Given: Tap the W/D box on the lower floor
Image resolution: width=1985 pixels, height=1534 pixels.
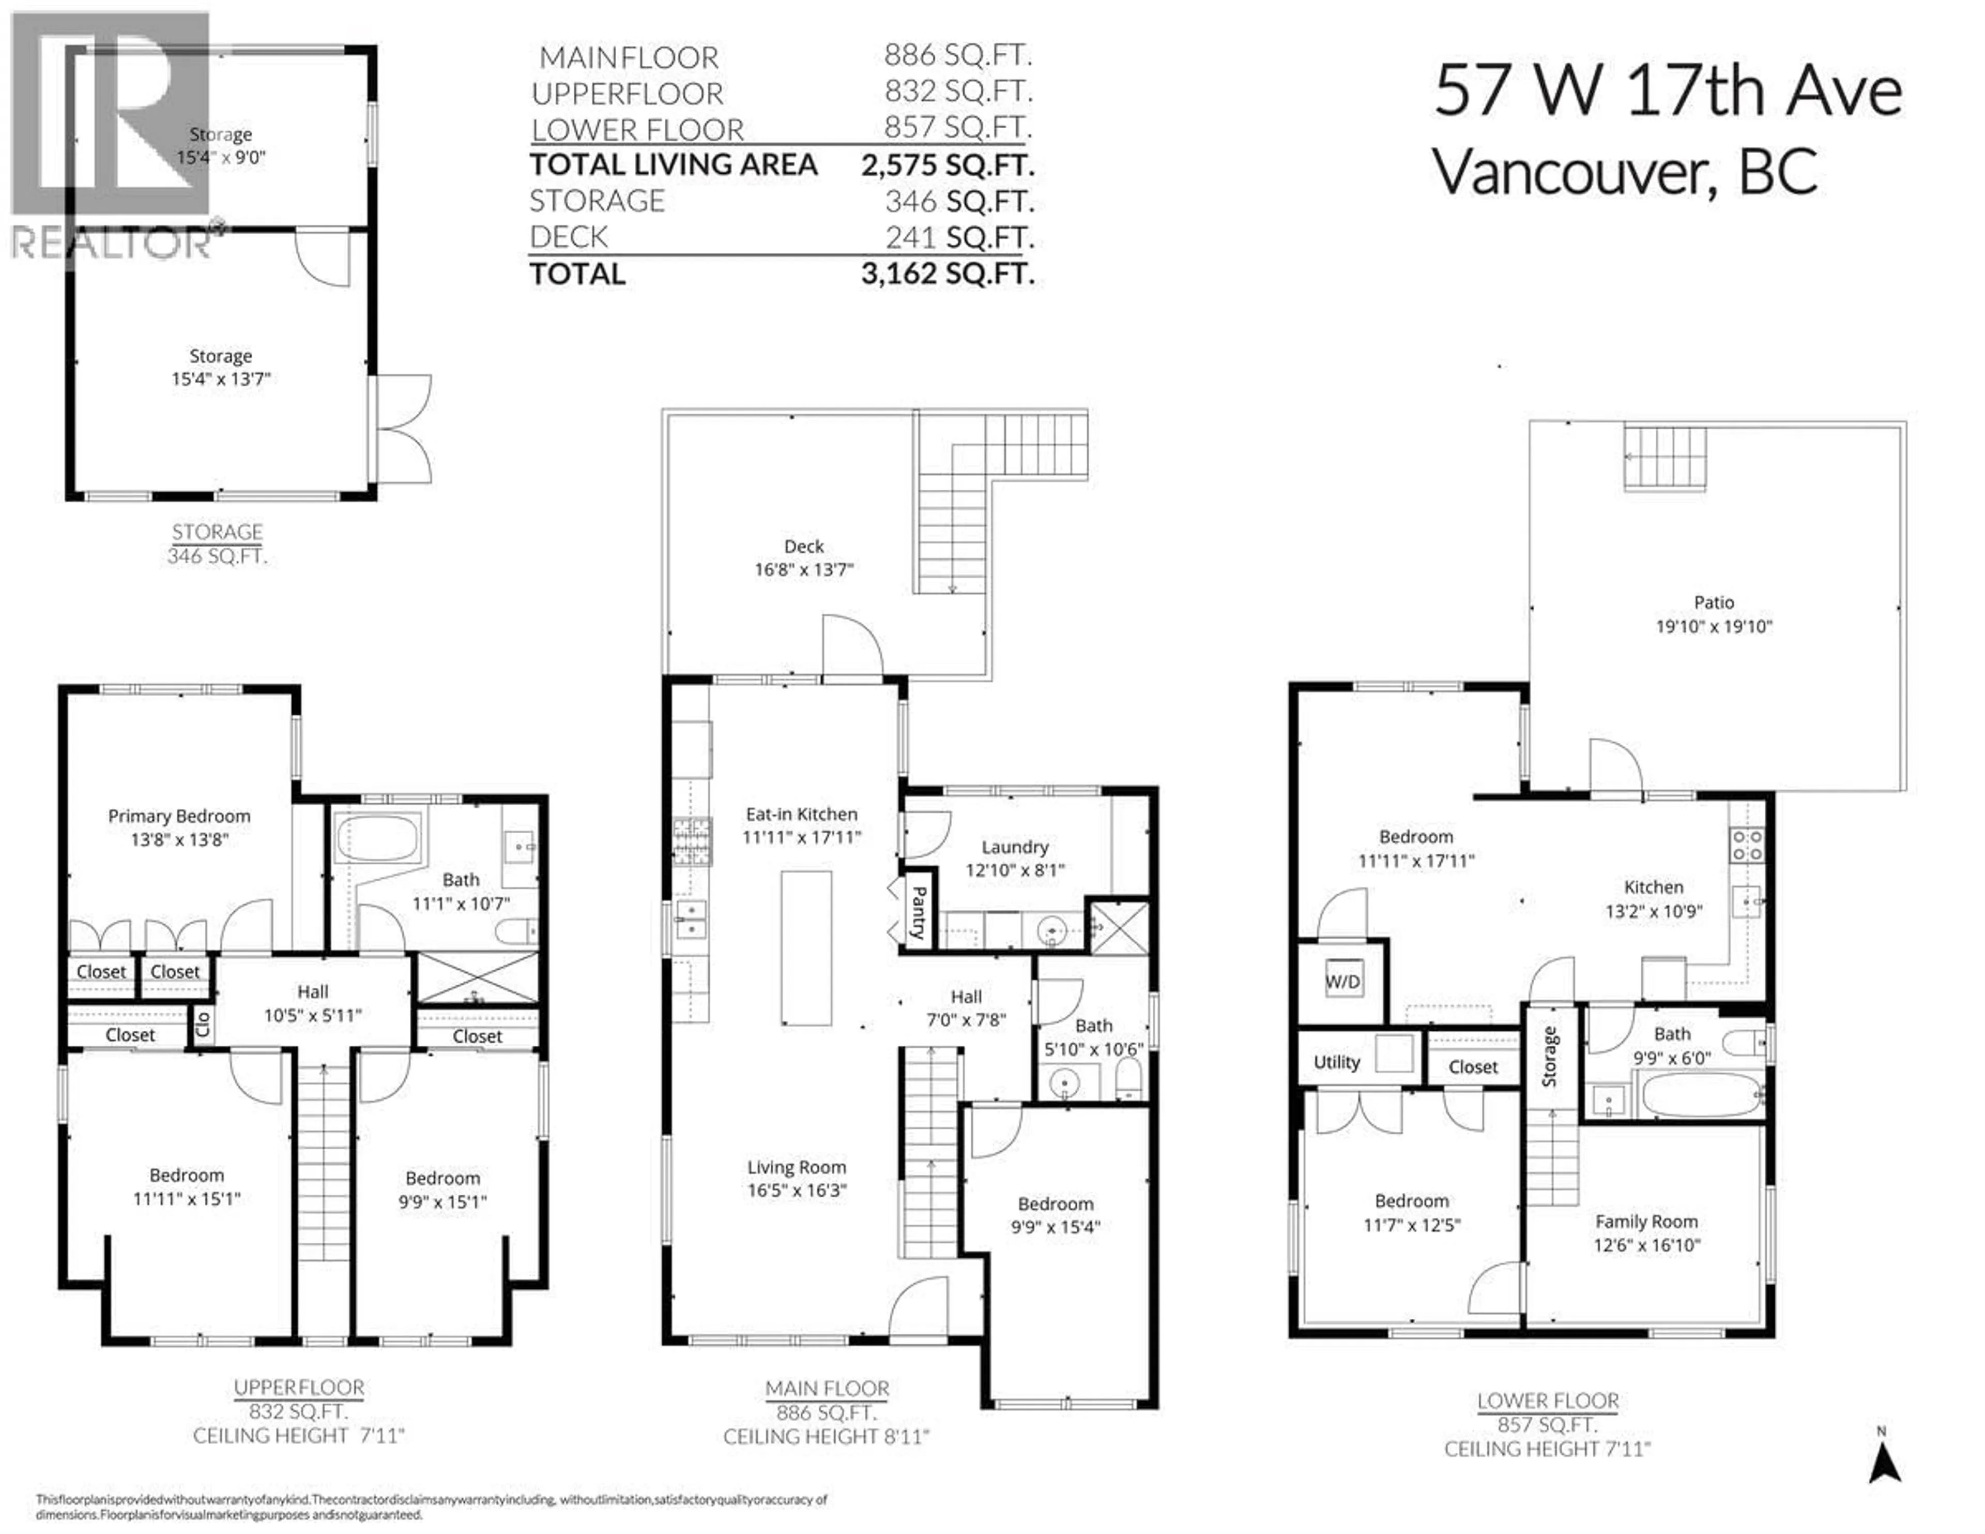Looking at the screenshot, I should (x=1342, y=981).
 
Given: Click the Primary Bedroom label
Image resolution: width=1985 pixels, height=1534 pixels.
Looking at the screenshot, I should (x=179, y=816).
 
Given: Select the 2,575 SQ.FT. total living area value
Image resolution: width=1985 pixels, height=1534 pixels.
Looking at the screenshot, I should (x=948, y=164).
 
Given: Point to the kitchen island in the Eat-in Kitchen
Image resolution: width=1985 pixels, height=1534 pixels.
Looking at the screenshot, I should (x=806, y=949).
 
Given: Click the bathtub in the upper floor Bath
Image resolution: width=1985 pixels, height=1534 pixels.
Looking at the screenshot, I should (x=377, y=837).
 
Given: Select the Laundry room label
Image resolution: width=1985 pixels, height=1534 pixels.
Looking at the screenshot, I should (x=1014, y=847).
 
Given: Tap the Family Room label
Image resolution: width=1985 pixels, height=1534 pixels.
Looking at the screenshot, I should (x=1646, y=1221).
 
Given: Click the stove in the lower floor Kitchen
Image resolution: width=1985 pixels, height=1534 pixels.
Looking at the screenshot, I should (x=1746, y=845).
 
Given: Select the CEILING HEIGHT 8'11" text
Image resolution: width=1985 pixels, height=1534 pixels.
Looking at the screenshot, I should (x=826, y=1437).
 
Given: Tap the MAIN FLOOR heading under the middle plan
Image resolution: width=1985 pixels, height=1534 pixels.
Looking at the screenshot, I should (x=827, y=1389).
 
